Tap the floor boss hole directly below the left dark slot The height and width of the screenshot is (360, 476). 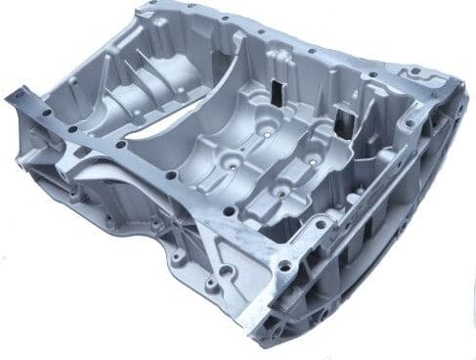point(266,128)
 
